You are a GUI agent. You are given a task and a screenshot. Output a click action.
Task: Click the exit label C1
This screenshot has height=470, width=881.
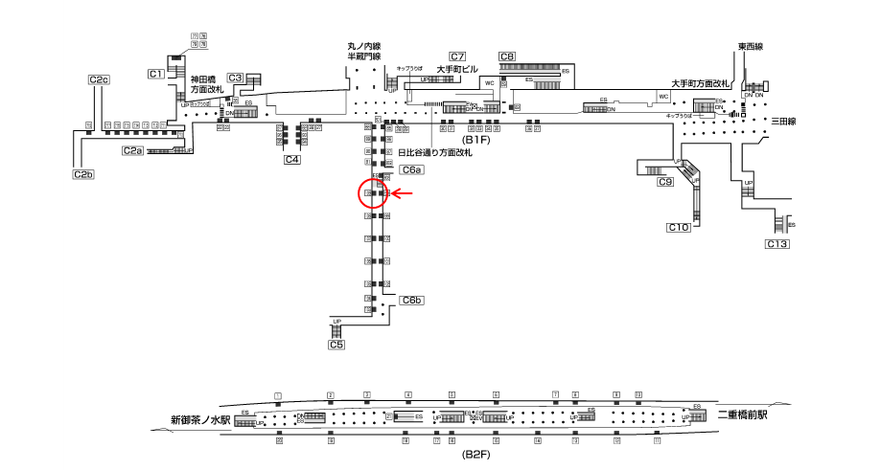coord(156,74)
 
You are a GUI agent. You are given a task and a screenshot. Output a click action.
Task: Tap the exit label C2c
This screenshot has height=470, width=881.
coord(99,79)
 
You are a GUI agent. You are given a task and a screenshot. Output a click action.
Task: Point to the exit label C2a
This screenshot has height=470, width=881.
coord(132,150)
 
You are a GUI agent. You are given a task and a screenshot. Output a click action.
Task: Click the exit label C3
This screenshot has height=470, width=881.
coord(235,78)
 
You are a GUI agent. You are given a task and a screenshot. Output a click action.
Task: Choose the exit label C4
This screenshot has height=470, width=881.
coord(292,160)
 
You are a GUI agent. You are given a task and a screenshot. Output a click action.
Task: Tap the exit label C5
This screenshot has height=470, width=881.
coord(336,345)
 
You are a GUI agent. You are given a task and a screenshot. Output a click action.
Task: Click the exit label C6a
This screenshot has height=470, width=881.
coord(412,170)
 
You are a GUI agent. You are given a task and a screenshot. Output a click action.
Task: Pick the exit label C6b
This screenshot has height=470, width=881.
coord(412,301)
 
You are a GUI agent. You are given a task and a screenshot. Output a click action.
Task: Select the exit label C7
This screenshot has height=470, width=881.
coord(457,56)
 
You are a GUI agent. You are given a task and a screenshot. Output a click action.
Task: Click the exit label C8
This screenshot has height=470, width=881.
coord(507,56)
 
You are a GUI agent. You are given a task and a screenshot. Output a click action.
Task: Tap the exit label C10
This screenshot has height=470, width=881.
coord(679,227)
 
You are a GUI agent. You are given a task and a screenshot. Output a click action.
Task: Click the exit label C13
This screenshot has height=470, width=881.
coord(777,245)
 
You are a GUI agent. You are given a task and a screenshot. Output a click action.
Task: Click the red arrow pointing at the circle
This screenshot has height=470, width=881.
coord(402,194)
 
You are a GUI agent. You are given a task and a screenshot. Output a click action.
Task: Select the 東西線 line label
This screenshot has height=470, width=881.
coord(751,46)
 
